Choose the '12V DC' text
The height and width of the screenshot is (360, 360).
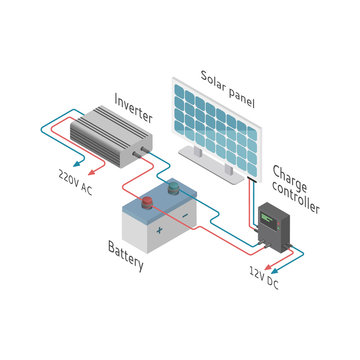(x=265, y=277)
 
